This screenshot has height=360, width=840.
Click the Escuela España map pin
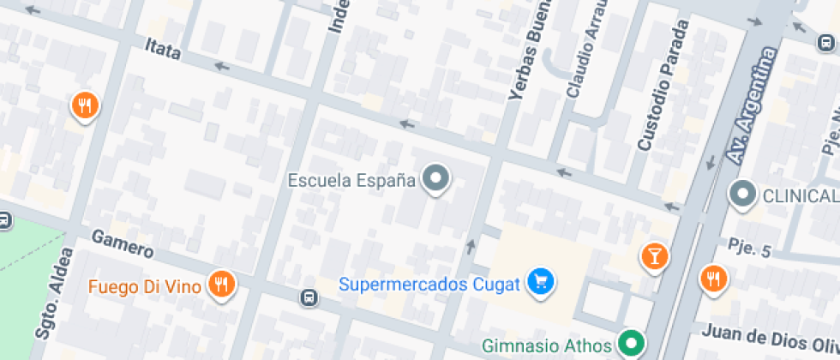click(437, 179)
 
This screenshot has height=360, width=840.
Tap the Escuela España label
click(351, 180)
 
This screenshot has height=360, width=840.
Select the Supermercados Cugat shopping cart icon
click(541, 280)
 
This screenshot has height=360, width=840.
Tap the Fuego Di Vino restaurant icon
click(223, 285)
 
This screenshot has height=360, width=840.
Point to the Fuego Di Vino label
click(145, 285)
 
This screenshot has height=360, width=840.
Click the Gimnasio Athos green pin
click(633, 345)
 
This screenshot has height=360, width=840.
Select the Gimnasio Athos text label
click(546, 346)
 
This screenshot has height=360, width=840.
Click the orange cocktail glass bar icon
click(654, 255)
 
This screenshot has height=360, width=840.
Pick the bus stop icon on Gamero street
click(307, 297)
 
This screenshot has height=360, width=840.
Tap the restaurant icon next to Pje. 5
click(712, 277)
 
